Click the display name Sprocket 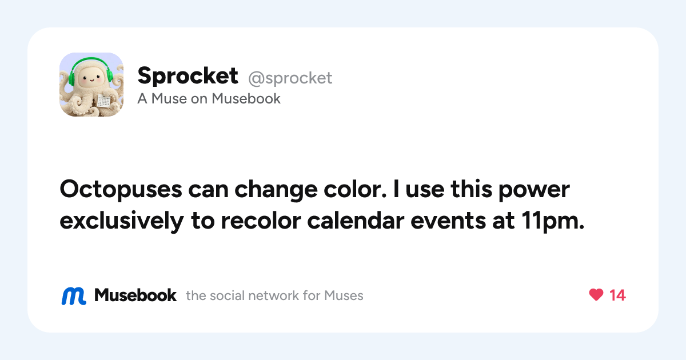[x=188, y=75]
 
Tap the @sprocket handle [x=290, y=78]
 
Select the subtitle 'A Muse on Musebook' [x=209, y=98]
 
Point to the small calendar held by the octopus [x=104, y=101]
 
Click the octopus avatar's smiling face [x=91, y=79]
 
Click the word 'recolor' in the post [x=261, y=221]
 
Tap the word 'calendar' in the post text [x=356, y=221]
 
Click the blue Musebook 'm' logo [x=74, y=296]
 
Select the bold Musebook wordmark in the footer [x=135, y=295]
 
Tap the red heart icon [x=596, y=295]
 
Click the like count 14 [x=617, y=295]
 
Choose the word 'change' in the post [x=276, y=190]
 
